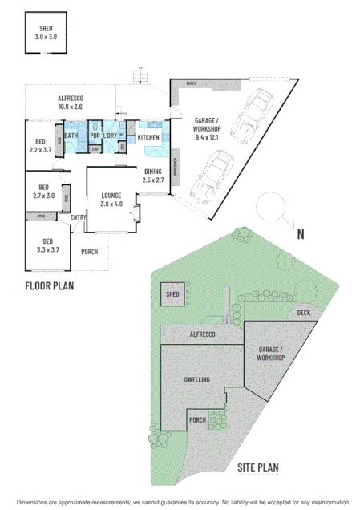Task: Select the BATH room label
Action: [x=71, y=136]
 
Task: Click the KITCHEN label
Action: [x=148, y=138]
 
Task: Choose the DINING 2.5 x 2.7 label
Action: [x=153, y=176]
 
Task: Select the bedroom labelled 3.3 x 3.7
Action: [x=48, y=245]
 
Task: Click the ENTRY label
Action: [x=78, y=217]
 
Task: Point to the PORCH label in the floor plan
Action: [x=90, y=252]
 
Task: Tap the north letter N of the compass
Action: [x=301, y=234]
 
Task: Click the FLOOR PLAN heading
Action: [x=50, y=285]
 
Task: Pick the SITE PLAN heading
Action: [x=257, y=467]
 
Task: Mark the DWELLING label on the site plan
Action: [x=196, y=378]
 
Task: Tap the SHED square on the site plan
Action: [x=172, y=295]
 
